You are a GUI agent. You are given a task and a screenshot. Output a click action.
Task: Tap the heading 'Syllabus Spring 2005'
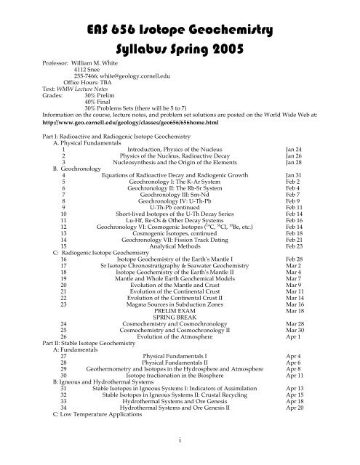[x=180, y=54]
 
